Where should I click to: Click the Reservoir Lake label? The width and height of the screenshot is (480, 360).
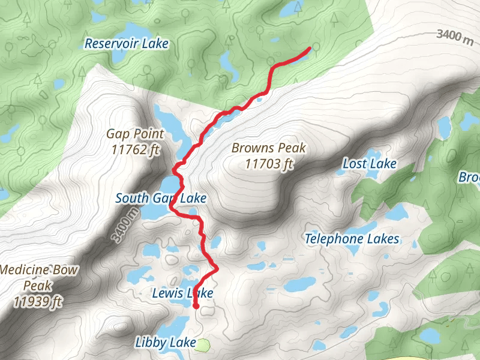pyautogui.click(x=127, y=44)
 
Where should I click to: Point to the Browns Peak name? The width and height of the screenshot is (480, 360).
pyautogui.click(x=269, y=148)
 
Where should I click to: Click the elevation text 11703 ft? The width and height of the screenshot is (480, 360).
pyautogui.click(x=269, y=163)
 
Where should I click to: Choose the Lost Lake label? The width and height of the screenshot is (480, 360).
pyautogui.click(x=370, y=163)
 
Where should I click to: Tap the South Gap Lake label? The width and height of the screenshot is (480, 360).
pyautogui.click(x=161, y=198)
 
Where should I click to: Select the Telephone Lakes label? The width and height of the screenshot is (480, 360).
pyautogui.click(x=352, y=239)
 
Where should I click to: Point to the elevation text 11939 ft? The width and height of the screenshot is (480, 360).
pyautogui.click(x=37, y=301)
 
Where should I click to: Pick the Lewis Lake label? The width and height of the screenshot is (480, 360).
pyautogui.click(x=182, y=293)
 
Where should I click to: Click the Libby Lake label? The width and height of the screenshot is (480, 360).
pyautogui.click(x=165, y=343)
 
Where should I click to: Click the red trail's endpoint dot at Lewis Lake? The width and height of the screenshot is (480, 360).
pyautogui.click(x=196, y=306)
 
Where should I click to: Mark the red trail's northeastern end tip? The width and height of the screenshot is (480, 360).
pyautogui.click(x=309, y=49)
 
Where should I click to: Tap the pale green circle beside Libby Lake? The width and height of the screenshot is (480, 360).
pyautogui.click(x=204, y=344)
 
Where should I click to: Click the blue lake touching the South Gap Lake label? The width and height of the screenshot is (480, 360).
pyautogui.click(x=169, y=183)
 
